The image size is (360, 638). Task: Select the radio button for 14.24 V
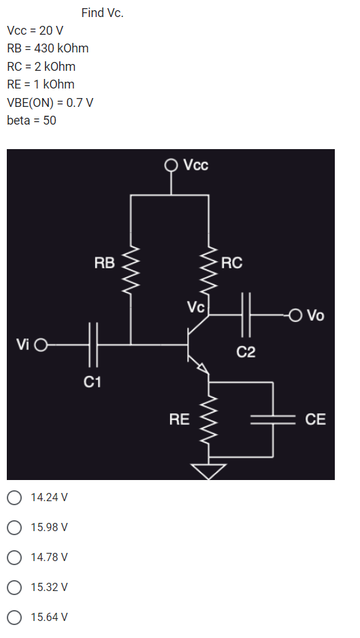tap(14, 497)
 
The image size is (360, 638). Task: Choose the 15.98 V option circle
tap(14, 527)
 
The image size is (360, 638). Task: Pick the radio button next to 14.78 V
tap(14, 557)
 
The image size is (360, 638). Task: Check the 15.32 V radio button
tap(14, 587)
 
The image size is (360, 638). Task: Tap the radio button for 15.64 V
tap(14, 617)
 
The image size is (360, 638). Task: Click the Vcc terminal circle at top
tap(171, 165)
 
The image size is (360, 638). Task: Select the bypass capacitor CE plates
tap(273, 419)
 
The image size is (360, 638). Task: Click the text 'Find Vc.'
tap(102, 13)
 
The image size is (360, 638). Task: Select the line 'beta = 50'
tap(31, 120)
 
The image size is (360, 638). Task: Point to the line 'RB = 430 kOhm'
tap(48, 48)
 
